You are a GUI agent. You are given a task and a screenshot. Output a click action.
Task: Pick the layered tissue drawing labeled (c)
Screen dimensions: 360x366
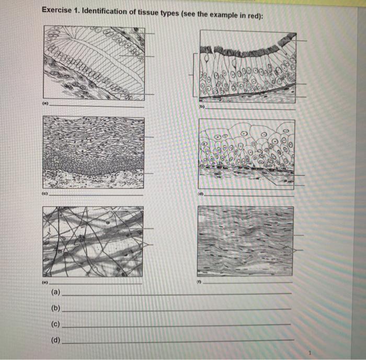[93, 152]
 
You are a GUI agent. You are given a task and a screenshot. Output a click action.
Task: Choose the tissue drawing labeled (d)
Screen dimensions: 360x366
[246, 152]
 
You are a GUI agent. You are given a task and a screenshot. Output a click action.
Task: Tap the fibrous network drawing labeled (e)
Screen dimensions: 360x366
[93, 241]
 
